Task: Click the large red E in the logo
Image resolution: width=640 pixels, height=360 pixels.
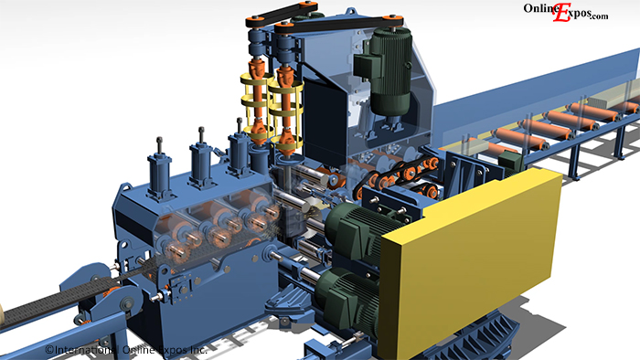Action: coord(562,13)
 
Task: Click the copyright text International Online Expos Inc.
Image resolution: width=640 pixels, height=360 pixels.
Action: coord(126,350)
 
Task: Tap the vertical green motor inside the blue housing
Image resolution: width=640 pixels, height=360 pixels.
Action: coord(385,72)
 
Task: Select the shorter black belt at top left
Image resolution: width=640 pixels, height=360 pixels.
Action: coord(282,14)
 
